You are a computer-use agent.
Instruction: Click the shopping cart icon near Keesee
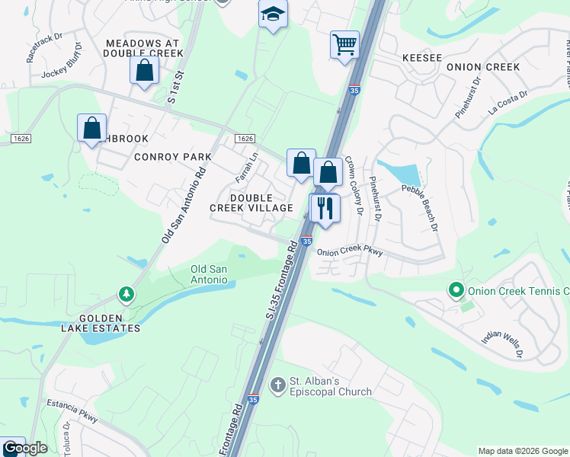(x=344, y=44)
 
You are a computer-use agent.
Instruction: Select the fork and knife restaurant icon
(x=325, y=208)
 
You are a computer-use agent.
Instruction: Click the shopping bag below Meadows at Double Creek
(x=144, y=72)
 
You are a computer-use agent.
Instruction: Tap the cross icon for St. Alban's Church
(x=277, y=385)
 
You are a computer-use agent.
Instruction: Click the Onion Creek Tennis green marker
(x=456, y=290)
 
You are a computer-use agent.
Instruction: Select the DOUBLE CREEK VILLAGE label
(x=251, y=203)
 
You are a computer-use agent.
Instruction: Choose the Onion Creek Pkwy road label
(x=348, y=252)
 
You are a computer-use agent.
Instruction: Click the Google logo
(x=26, y=448)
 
